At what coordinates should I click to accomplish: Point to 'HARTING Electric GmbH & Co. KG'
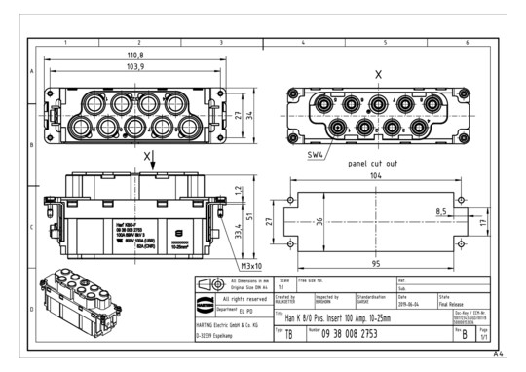[x=232, y=322]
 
